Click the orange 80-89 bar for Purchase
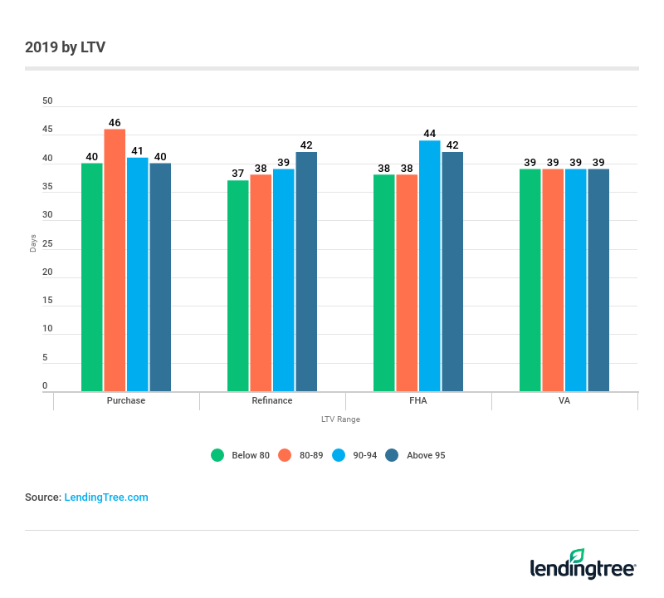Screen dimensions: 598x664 (x=115, y=260)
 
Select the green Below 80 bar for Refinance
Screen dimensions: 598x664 (x=237, y=286)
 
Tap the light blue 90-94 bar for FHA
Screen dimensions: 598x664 (x=430, y=266)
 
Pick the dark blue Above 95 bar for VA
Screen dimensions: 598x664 (x=598, y=280)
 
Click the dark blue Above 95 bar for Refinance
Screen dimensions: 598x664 (x=306, y=272)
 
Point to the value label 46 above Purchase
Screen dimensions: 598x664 (x=115, y=122)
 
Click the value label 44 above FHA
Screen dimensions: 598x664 (x=430, y=133)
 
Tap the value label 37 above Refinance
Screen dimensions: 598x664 (x=237, y=174)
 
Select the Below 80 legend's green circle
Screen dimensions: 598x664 (x=218, y=455)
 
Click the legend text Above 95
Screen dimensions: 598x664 (x=426, y=455)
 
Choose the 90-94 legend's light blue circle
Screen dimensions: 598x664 (x=338, y=455)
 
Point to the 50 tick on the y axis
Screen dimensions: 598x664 (x=47, y=101)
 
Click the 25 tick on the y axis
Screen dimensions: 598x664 (x=47, y=244)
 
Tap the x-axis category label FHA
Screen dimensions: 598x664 (x=418, y=400)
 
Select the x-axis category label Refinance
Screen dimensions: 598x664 (x=272, y=400)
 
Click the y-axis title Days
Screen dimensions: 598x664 (x=33, y=243)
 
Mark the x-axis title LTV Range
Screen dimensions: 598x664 (x=340, y=419)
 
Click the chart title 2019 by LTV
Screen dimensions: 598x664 (x=65, y=47)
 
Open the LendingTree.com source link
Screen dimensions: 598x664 (x=106, y=498)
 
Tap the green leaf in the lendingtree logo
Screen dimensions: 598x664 (x=577, y=556)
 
